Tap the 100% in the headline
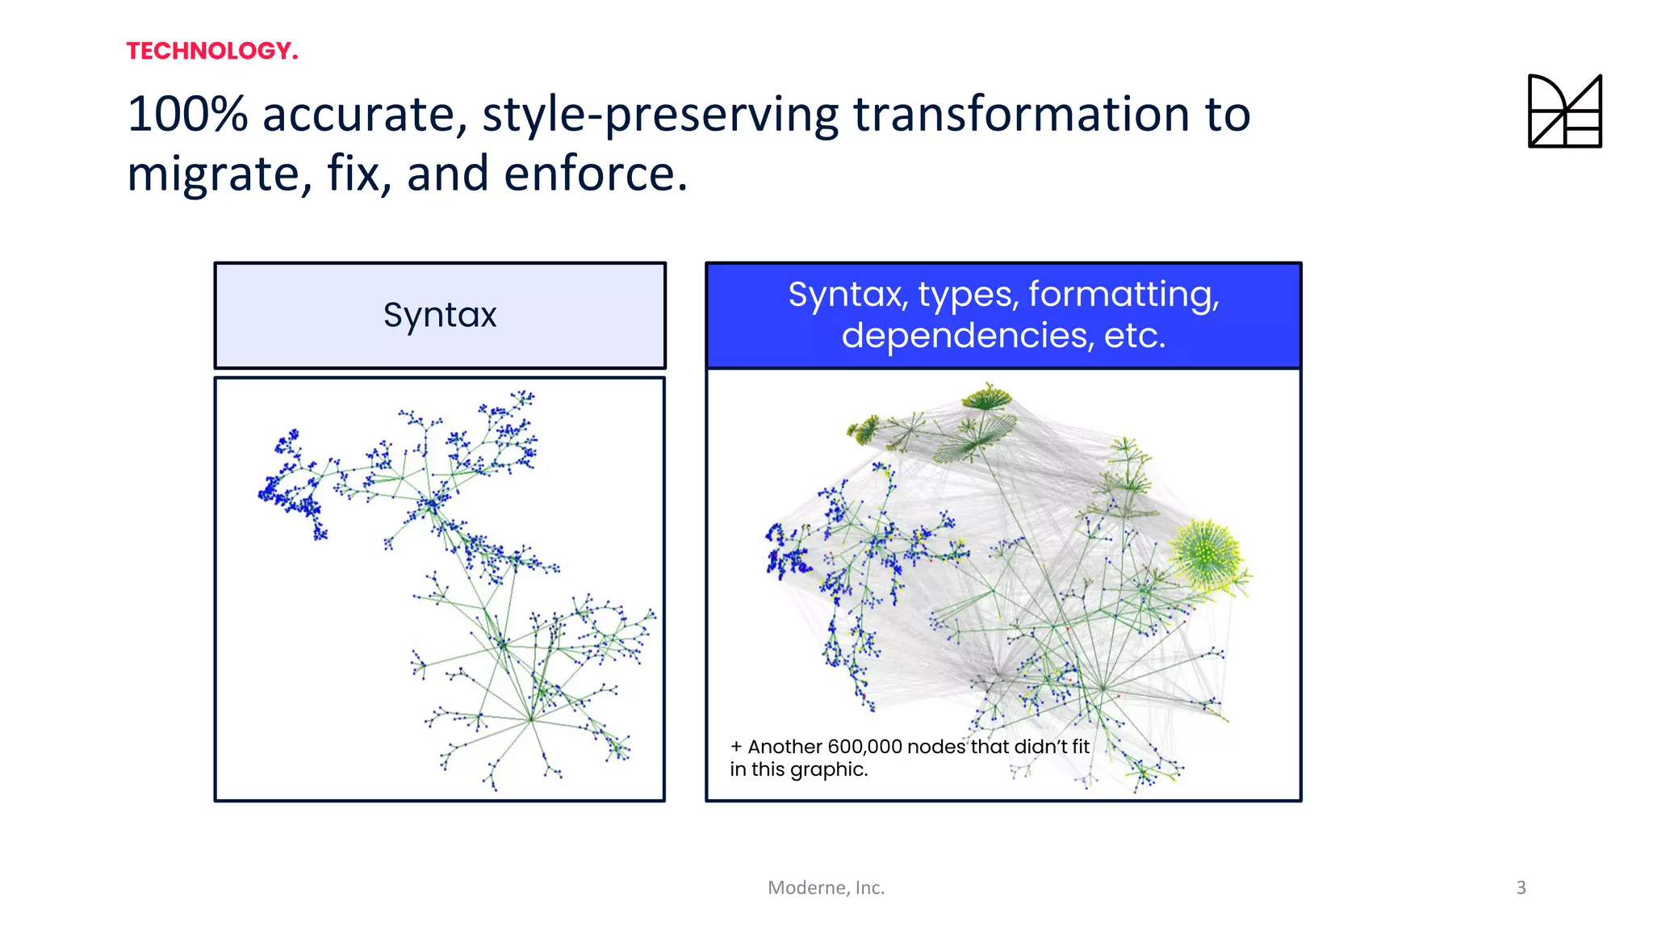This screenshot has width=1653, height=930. [187, 114]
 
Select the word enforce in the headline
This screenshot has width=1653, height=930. [594, 174]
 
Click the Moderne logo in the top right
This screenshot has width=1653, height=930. [1564, 111]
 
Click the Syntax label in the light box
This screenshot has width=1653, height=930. [440, 315]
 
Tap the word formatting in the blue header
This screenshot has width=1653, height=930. [1124, 295]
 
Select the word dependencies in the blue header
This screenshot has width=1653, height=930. [967, 336]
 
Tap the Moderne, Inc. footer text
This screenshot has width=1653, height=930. [826, 887]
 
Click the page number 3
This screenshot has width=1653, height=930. [1521, 887]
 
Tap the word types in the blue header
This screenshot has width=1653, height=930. [967, 295]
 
